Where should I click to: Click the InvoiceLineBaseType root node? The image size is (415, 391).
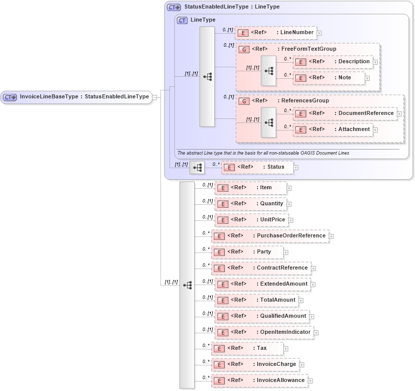click(76, 97)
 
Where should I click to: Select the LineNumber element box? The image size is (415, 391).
click(276, 33)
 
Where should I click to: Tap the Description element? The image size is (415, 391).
click(333, 62)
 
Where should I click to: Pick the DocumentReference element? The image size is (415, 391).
click(345, 113)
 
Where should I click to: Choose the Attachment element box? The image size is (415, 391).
click(333, 129)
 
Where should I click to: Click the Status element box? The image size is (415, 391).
click(257, 167)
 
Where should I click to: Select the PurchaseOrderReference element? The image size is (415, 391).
click(270, 236)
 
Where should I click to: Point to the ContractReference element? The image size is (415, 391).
click(261, 268)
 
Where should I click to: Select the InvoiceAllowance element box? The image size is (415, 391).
click(260, 380)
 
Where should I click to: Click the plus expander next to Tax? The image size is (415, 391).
click(286, 348)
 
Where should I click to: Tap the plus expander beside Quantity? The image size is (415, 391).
click(289, 204)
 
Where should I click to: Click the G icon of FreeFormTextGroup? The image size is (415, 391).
click(243, 49)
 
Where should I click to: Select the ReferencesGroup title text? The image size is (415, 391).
click(305, 101)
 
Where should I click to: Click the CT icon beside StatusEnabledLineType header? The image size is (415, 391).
click(174, 8)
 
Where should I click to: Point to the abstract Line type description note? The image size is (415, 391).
click(263, 153)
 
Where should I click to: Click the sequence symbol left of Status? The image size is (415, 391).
click(197, 168)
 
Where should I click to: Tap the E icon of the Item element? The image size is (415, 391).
click(222, 188)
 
